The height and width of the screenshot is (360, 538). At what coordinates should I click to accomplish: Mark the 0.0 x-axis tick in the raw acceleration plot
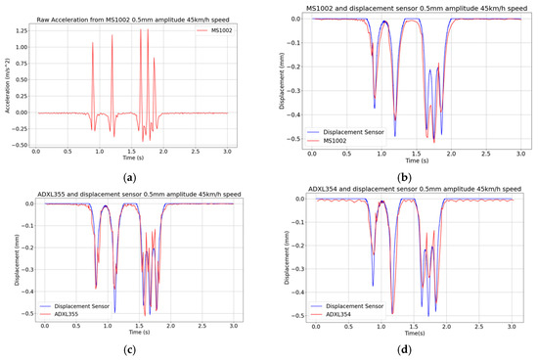(x=36, y=152)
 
